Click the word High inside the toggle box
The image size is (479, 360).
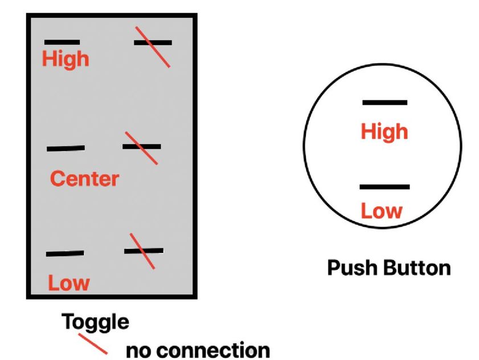pos(65,59)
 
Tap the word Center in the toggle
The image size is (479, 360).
pos(84,179)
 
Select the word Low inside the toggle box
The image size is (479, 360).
pos(68,283)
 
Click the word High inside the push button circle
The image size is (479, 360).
pos(384,132)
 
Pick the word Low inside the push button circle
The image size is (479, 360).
pos(381,211)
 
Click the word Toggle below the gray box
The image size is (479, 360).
pos(95,322)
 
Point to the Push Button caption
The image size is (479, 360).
pos(388,268)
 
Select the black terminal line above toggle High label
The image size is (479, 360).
pos(62,42)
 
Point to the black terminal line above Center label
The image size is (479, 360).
pos(65,149)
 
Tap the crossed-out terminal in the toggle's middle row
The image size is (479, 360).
pos(142,147)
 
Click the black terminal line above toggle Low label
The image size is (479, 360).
pos(65,253)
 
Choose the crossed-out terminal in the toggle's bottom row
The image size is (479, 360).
pos(144,251)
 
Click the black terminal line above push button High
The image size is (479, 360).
pos(385,103)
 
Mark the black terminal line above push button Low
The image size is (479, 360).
pos(384,187)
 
